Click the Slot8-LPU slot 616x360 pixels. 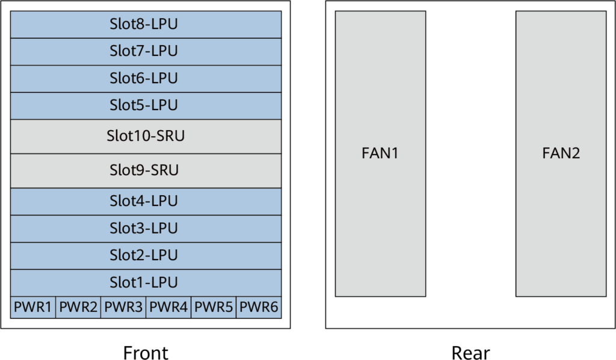pyautogui.click(x=146, y=25)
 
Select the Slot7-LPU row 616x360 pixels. pyautogui.click(x=146, y=52)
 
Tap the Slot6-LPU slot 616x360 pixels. pyautogui.click(x=146, y=79)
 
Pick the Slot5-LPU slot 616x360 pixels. pyautogui.click(x=146, y=106)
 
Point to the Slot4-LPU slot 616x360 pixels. pyautogui.click(x=146, y=202)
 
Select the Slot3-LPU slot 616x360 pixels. pyautogui.click(x=146, y=229)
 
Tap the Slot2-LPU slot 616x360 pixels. pyautogui.click(x=146, y=256)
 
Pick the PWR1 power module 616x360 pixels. pyautogui.click(x=33, y=308)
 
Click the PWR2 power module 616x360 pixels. pyautogui.click(x=78, y=308)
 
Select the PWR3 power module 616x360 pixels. pyautogui.click(x=123, y=308)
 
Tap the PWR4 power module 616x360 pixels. pyautogui.click(x=168, y=308)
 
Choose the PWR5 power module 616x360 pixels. pyautogui.click(x=214, y=308)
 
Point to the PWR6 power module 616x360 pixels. pyautogui.click(x=259, y=308)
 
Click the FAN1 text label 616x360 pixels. pyautogui.click(x=380, y=154)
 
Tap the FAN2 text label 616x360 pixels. pyautogui.click(x=561, y=154)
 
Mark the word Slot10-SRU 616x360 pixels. pyautogui.click(x=146, y=137)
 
